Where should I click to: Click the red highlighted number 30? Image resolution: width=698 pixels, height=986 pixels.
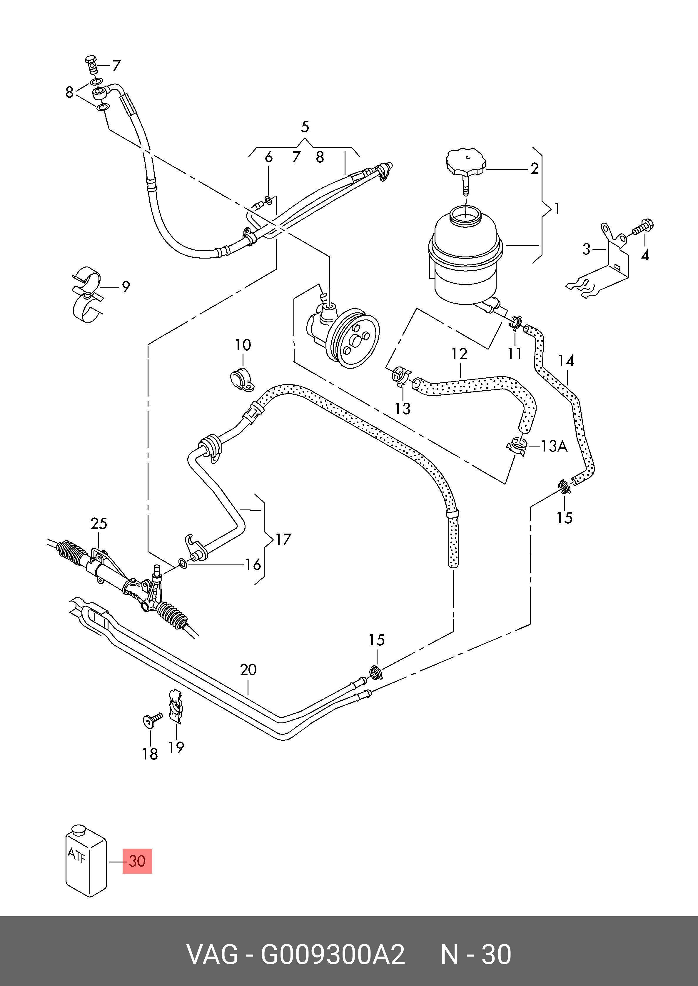pos(137,861)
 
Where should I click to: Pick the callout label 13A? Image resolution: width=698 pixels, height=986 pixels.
pos(554,446)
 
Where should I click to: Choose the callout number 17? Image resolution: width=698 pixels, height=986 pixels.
pos(283,539)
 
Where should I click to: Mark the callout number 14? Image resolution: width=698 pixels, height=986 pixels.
pos(566,361)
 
